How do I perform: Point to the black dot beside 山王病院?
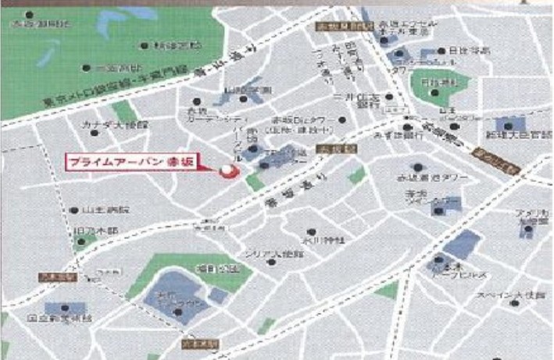[74, 210]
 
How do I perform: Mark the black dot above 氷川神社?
[311, 231]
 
